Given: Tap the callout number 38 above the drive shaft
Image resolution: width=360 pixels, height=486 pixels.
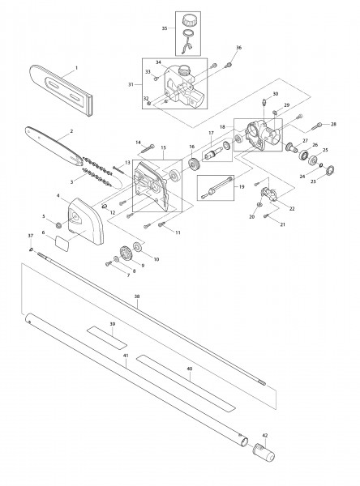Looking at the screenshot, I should tap(137, 297).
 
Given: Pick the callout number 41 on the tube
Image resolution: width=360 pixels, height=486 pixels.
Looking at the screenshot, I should tap(125, 356).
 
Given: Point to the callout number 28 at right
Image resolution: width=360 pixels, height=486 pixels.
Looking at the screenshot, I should tap(332, 124).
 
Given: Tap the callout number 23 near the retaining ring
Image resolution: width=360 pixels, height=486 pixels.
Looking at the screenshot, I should tap(313, 183).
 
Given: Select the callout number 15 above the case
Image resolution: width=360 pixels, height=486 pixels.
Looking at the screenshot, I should tap(164, 148).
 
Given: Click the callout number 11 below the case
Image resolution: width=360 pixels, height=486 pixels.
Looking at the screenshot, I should tap(178, 232).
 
